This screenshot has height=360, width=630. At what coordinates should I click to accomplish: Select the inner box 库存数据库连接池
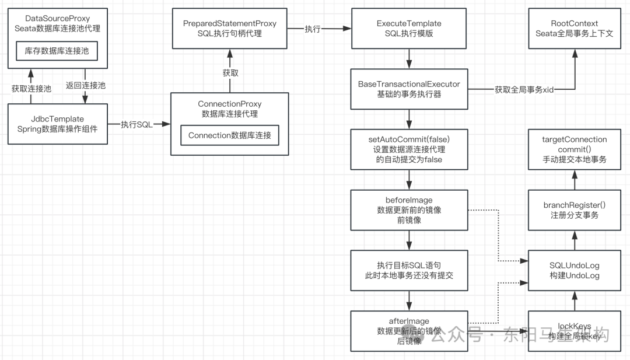(x=57, y=51)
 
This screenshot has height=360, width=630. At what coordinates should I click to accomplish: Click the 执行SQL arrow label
(x=137, y=124)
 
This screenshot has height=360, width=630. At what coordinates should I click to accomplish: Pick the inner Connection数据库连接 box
(x=230, y=135)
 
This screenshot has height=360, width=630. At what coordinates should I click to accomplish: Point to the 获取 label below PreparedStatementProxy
(x=230, y=73)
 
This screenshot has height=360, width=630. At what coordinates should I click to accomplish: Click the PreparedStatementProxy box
(x=230, y=29)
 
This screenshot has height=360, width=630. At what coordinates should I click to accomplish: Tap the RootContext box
(x=575, y=29)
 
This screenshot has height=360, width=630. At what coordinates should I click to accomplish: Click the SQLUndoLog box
(x=575, y=270)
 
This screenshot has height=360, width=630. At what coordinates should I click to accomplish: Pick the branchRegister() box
(x=575, y=210)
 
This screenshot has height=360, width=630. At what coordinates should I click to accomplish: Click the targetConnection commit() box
(x=575, y=149)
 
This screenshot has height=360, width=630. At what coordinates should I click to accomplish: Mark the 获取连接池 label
(x=31, y=89)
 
